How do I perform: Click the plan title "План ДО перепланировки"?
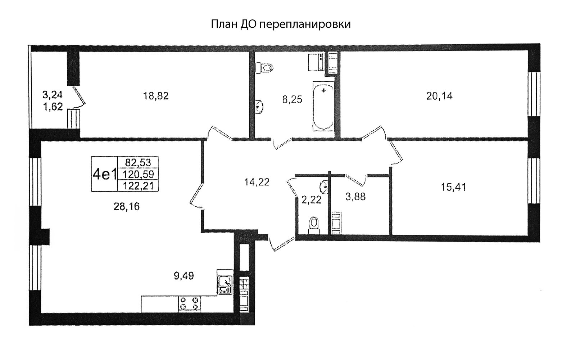coord(281,24)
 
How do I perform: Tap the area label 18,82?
coord(156,96)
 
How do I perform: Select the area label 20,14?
coord(439,96)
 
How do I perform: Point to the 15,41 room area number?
coord(454,187)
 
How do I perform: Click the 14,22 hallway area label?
coord(257,182)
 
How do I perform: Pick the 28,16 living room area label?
coord(127,207)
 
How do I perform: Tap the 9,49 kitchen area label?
coord(184,276)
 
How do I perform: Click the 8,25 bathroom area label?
coord(292,100)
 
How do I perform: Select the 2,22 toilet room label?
coord(311,200)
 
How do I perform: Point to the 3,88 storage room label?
coord(355,197)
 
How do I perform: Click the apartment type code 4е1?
coord(105,174)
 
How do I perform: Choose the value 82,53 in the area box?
coord(138,163)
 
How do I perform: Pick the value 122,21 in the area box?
coord(138,186)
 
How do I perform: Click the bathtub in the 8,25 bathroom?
coord(324,106)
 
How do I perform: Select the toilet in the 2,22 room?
coord(313,226)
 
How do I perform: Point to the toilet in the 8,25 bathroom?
coord(264,68)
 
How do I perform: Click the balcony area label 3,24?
coord(53,95)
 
